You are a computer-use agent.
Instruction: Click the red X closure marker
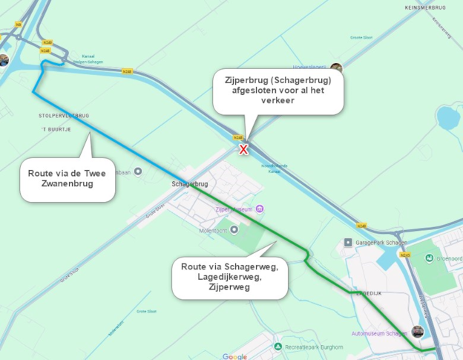(243, 149)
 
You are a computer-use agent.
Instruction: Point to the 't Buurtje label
(54, 129)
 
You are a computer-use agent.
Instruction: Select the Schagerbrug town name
(187, 183)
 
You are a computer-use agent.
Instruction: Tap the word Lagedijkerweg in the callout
(229, 275)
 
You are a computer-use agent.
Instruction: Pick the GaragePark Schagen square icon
(347, 243)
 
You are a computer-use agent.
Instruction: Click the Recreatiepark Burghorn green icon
(278, 347)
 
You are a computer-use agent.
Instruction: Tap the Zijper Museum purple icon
(257, 209)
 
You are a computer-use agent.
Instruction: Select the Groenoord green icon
(429, 258)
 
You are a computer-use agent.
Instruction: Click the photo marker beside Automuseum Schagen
(418, 332)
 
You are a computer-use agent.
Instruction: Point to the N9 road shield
(19, 24)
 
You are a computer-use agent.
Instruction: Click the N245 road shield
(405, 255)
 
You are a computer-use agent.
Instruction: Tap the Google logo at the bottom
(234, 356)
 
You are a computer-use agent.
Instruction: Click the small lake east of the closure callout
(448, 118)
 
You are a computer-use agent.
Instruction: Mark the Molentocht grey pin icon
(235, 229)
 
